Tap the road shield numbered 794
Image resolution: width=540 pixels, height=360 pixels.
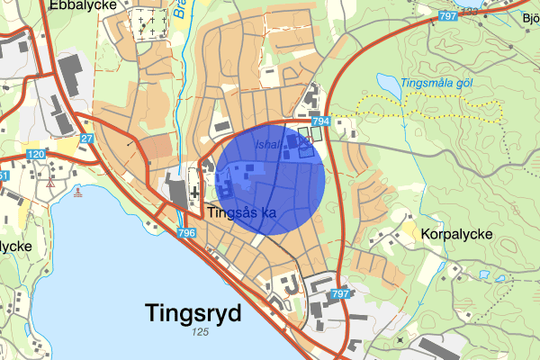319,121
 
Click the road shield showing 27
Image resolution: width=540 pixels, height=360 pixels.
87,139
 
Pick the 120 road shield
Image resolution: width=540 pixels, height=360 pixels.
35,155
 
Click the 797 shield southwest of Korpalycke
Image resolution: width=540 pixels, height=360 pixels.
339,294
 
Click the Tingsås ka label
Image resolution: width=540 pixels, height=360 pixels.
240,213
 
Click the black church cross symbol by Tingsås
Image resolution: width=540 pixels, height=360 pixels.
193,192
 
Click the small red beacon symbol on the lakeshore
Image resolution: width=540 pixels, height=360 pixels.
79,192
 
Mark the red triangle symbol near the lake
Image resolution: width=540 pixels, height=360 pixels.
53,183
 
